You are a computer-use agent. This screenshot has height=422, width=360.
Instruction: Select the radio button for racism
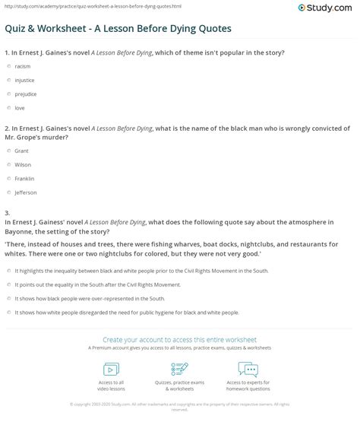8,66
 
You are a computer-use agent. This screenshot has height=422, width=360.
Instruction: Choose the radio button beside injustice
8,80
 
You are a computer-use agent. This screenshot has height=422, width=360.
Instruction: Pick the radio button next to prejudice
8,94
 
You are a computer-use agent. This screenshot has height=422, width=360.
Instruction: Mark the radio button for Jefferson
8,193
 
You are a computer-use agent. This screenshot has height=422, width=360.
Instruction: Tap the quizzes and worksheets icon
179,368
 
